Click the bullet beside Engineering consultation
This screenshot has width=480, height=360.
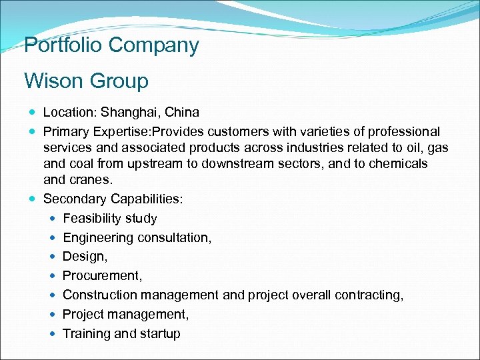(x=53, y=237)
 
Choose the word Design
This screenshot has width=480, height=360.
(x=83, y=257)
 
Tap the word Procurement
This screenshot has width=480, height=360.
(x=100, y=275)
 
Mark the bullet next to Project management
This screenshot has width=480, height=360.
(x=53, y=314)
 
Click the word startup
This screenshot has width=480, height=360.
(x=159, y=333)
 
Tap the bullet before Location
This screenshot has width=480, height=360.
(x=33, y=113)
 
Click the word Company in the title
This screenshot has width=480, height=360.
(x=156, y=45)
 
